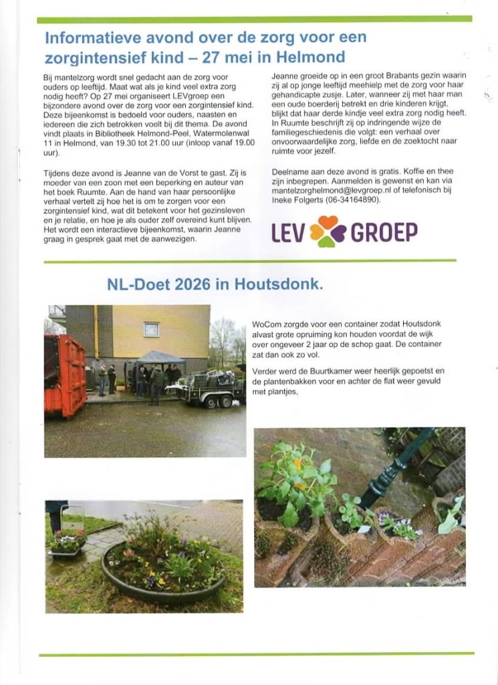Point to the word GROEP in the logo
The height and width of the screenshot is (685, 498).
pos(384,233)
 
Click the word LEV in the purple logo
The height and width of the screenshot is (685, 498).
pos(288,233)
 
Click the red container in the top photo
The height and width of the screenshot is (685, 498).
pos(65,375)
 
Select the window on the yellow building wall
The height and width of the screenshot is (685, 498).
pos(152,329)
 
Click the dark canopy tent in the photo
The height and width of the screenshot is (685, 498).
pos(160,358)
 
